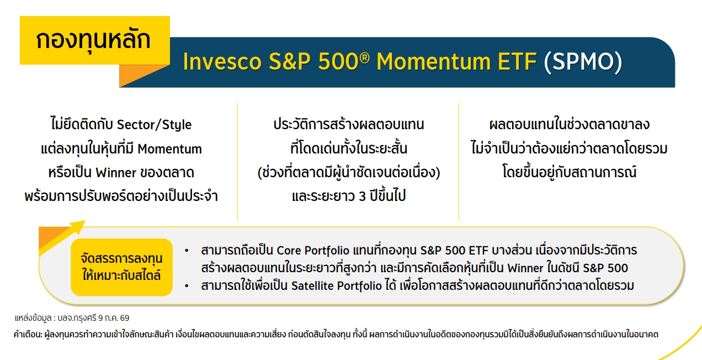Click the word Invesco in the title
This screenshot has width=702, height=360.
(222, 61)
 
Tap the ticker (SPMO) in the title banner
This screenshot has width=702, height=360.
(583, 61)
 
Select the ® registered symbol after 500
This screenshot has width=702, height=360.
(364, 57)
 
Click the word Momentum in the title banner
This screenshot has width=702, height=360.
(433, 61)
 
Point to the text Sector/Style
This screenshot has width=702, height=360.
(154, 125)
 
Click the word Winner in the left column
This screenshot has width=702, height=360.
(116, 172)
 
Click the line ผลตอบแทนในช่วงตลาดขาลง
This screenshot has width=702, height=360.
(569, 124)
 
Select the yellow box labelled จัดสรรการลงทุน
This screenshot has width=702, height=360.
(121, 267)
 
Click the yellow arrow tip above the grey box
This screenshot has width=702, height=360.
(84, 221)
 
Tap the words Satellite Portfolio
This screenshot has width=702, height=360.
(336, 286)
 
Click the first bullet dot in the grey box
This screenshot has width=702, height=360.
(187, 251)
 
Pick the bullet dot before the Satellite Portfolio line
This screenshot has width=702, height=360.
(187, 286)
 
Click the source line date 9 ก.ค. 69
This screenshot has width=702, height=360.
(114, 318)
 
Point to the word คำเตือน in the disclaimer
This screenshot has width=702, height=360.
(27, 334)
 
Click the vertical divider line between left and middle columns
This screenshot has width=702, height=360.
(237, 161)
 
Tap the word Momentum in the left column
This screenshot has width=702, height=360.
(169, 149)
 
